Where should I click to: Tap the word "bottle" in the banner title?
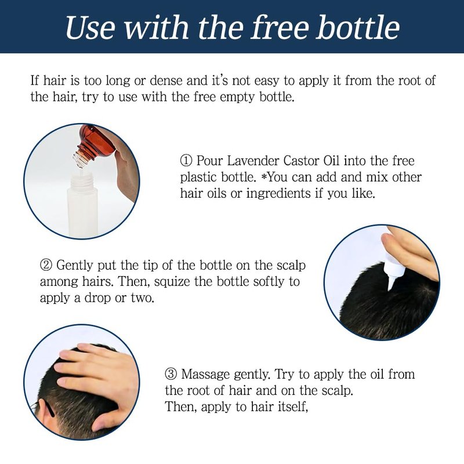358,27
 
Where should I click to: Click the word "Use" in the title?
90,27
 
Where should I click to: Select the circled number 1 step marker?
186,161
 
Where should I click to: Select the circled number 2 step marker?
46,265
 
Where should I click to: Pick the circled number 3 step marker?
171,374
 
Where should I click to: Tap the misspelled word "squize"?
172,282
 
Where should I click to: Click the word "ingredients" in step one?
278,194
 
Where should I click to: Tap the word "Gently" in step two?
74,266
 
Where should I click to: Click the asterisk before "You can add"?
264,177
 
